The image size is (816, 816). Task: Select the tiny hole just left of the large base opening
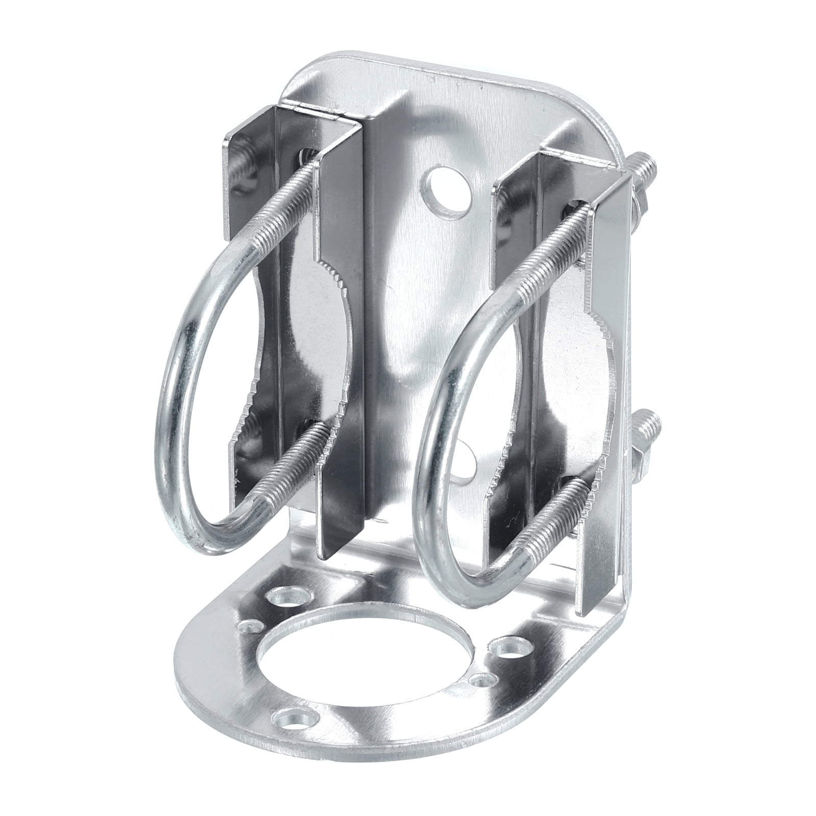[x=252, y=625]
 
